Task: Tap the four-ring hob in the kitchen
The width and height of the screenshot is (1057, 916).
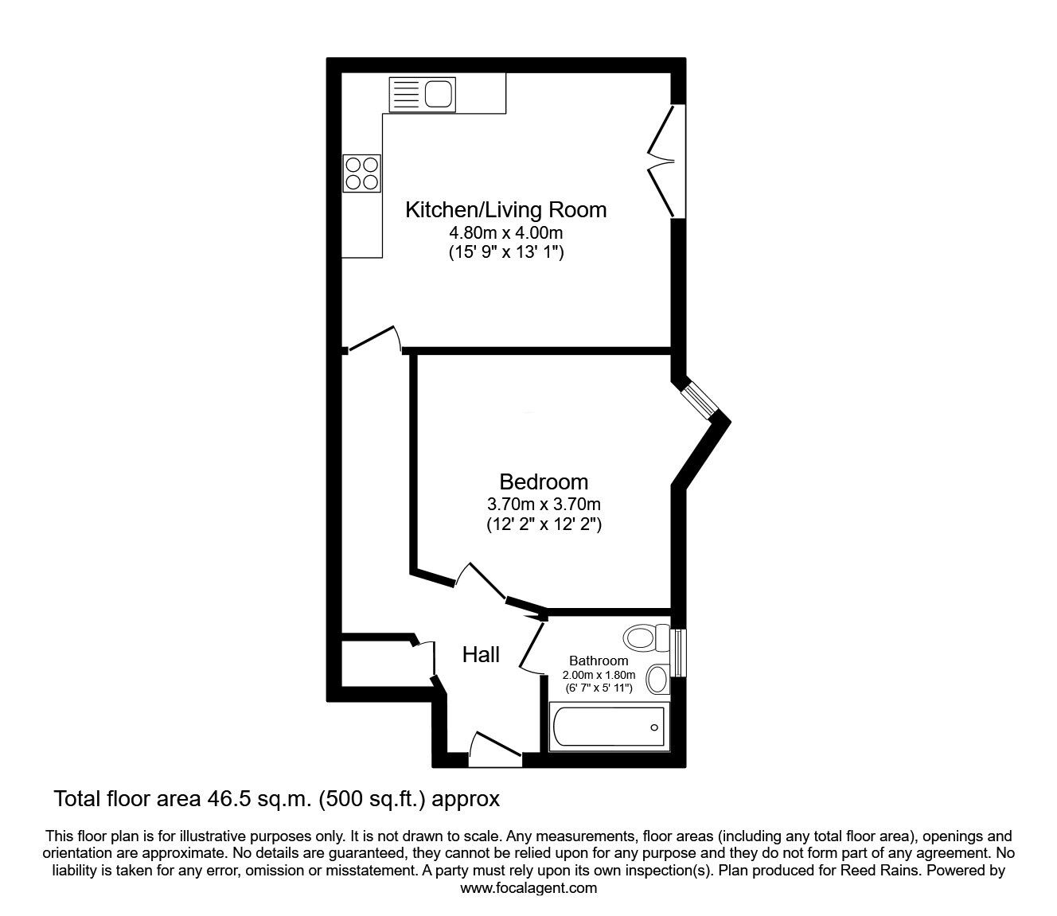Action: [362, 173]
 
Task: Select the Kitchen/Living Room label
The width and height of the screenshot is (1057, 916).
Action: [505, 210]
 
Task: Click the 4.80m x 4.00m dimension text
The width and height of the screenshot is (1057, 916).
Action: [505, 233]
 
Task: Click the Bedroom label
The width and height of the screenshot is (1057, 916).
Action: [544, 481]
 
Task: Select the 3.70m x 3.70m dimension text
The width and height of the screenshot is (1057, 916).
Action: [544, 504]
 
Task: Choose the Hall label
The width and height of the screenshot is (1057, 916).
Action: [481, 655]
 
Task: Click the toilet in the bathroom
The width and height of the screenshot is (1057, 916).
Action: [646, 637]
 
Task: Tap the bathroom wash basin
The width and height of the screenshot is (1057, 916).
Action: [657, 680]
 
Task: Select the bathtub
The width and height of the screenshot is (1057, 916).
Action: [608, 727]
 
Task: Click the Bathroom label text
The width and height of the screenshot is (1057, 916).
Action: [599, 661]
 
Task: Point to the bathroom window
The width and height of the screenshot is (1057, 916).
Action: [679, 653]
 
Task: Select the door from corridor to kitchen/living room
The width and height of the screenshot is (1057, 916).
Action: [373, 339]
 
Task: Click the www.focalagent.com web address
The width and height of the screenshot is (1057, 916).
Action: [528, 888]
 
